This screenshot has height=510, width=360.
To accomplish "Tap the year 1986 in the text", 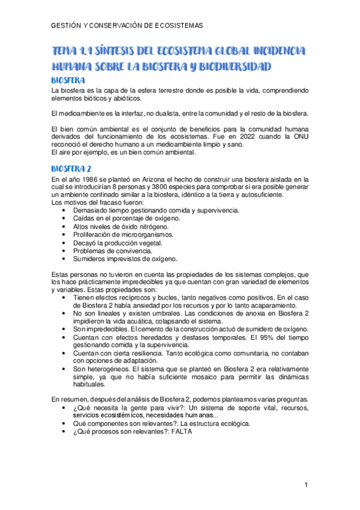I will coord(85,179).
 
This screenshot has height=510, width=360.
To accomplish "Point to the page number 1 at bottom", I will coord(306,485).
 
